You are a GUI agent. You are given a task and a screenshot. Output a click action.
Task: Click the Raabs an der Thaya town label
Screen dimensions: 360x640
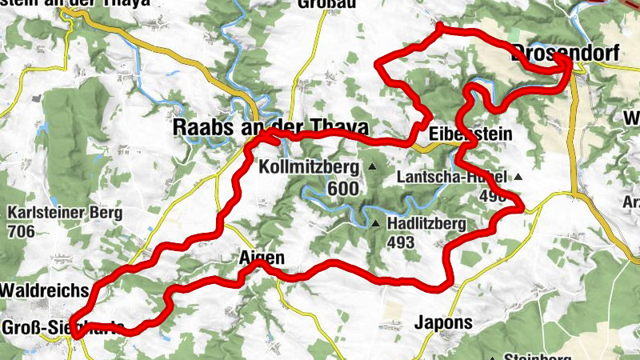(x=271, y=128)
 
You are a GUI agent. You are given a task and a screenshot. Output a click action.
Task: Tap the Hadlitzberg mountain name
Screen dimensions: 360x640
(x=426, y=224)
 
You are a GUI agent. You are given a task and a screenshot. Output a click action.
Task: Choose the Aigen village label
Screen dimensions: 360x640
(x=262, y=258)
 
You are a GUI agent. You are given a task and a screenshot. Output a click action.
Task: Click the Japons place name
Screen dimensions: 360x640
(x=444, y=323)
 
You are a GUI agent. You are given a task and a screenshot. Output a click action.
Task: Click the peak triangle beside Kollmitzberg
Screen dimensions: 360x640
(x=372, y=166)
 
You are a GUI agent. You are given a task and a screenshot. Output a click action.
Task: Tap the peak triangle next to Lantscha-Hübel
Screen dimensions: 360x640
(x=518, y=177)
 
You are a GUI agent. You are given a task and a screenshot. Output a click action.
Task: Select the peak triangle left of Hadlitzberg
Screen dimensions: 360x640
(x=375, y=223)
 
